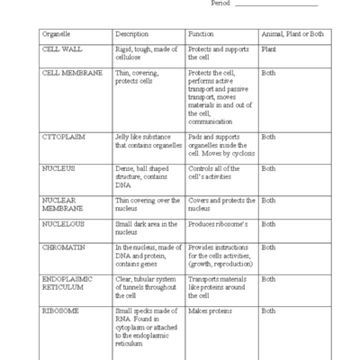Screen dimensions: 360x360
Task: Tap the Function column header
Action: (201, 33)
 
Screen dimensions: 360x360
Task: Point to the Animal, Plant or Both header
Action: (293, 33)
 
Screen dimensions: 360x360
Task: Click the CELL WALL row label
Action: (62, 49)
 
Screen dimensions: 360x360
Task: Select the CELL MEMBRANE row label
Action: (72, 73)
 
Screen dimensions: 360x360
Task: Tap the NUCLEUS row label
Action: (58, 168)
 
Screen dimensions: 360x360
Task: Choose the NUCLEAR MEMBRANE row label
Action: (62, 203)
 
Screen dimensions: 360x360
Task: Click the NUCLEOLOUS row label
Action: (65, 224)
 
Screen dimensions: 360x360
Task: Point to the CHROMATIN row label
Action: (64, 247)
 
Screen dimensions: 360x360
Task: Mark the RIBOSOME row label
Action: (62, 310)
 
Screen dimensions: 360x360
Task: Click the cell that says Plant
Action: (268, 49)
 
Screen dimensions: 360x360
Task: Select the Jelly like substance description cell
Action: (148, 141)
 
